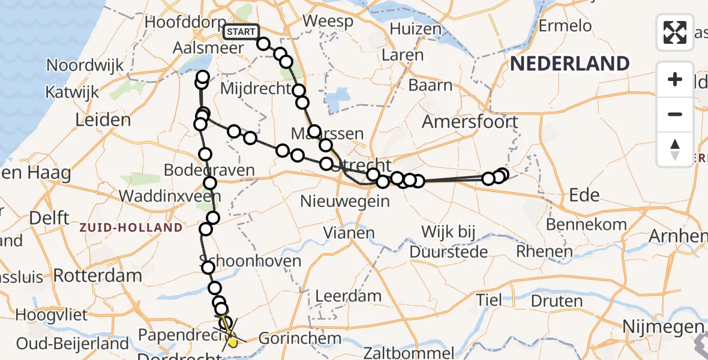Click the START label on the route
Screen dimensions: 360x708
click(x=241, y=32)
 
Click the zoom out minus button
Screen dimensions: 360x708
click(x=675, y=114)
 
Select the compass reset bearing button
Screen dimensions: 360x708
click(x=675, y=149)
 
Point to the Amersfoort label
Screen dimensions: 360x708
click(x=470, y=122)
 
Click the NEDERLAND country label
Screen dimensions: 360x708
click(x=570, y=64)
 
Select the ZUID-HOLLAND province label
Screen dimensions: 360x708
click(x=131, y=227)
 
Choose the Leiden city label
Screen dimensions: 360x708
click(x=103, y=119)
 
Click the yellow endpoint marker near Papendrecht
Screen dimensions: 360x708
click(x=232, y=341)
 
